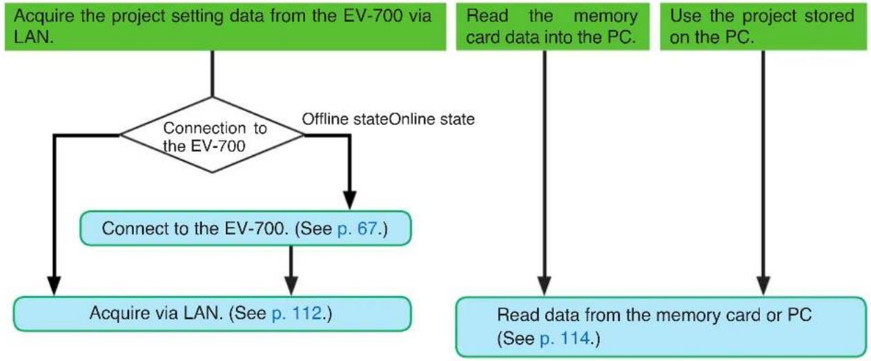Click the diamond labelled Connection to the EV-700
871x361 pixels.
(213, 135)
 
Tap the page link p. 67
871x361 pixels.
(358, 228)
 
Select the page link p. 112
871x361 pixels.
(297, 313)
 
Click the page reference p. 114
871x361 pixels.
(565, 338)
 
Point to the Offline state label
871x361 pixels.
(345, 119)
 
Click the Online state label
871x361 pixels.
(431, 119)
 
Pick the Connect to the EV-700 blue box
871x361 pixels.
(246, 228)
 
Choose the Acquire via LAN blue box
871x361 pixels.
(213, 314)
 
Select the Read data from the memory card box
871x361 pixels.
(661, 326)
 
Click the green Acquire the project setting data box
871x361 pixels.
(225, 26)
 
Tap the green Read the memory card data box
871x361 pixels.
(553, 26)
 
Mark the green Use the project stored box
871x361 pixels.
(764, 26)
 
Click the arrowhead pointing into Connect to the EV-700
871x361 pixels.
(349, 201)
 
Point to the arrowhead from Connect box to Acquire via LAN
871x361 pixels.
(291, 286)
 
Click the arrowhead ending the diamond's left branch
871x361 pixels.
(54, 286)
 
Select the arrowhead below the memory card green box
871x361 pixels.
(544, 286)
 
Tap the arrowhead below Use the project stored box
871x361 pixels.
(763, 286)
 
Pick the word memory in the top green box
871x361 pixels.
(605, 17)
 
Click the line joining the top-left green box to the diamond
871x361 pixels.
(213, 74)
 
